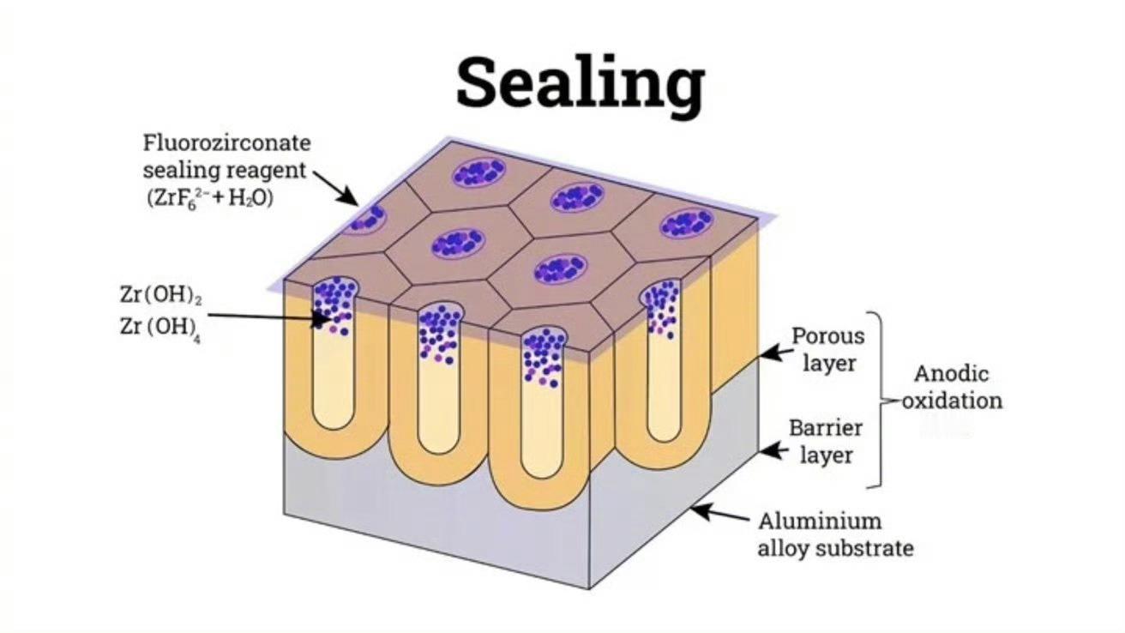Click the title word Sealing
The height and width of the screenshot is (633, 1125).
(x=580, y=83)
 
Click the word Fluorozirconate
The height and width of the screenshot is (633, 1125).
(x=226, y=142)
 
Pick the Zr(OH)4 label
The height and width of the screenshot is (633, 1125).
(x=161, y=328)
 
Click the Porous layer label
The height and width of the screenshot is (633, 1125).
(x=827, y=348)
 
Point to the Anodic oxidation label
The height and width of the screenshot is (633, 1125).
(x=951, y=387)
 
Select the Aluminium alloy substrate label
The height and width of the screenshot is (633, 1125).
(x=835, y=534)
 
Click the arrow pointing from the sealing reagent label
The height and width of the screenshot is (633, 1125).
(x=335, y=187)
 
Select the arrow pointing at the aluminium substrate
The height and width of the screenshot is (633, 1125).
(x=718, y=515)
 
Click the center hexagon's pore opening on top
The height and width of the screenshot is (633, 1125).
(x=459, y=243)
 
